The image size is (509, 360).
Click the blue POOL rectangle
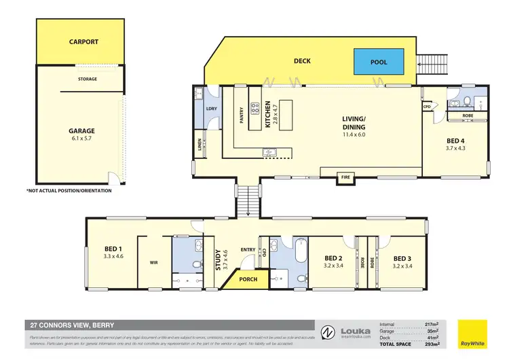point(378,62)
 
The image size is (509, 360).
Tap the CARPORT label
point(83,42)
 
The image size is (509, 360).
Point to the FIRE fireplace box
point(346,178)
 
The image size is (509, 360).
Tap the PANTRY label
point(241,115)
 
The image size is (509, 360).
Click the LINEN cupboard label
point(198,144)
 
